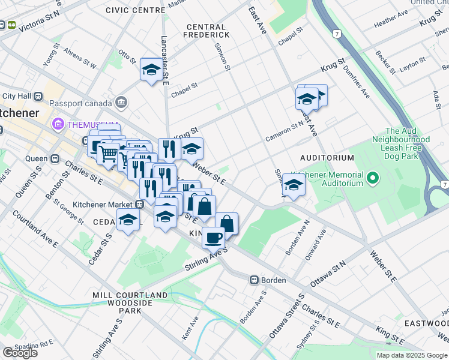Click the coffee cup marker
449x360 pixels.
(x=213, y=238)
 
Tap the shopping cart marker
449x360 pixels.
(x=108, y=154)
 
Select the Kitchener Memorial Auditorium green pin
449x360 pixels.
(x=372, y=178)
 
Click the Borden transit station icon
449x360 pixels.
(x=254, y=280)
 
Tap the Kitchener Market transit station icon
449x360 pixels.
(x=139, y=204)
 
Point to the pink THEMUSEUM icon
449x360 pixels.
(x=58, y=124)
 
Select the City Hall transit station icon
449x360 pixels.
(x=38, y=96)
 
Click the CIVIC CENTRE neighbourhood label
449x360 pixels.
(x=135, y=10)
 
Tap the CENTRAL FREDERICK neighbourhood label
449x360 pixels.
(x=206, y=31)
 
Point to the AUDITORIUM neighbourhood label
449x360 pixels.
(x=328, y=158)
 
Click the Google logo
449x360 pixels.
(x=20, y=353)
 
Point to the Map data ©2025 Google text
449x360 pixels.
(x=411, y=355)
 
